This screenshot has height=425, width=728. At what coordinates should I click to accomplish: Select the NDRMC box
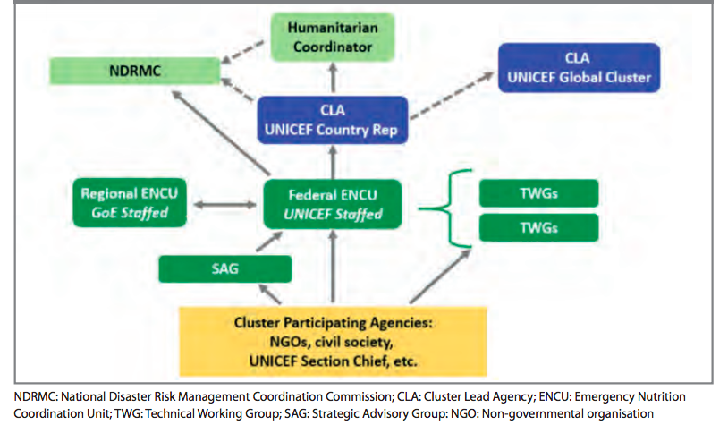tap(134, 71)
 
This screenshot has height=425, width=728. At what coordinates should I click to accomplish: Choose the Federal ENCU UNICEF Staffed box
tap(334, 203)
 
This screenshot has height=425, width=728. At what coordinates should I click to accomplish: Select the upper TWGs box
tap(538, 191)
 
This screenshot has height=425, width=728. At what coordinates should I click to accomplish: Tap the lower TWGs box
tap(538, 227)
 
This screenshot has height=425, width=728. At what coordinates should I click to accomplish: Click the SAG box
tap(224, 268)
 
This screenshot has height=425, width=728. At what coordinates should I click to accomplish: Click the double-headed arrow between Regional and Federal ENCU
tap(224, 205)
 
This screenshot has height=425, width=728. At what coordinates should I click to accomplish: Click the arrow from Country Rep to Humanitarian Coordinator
tap(334, 81)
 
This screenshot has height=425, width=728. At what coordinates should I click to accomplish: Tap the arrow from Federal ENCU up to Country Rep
tap(334, 162)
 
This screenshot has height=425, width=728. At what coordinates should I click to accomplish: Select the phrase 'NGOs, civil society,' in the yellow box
tap(333, 343)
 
